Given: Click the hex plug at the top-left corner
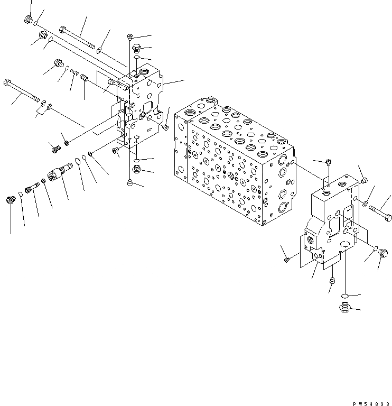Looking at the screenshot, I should click(x=28, y=20).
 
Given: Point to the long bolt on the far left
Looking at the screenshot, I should click(x=22, y=91).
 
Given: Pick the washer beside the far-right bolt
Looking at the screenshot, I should click(x=366, y=202).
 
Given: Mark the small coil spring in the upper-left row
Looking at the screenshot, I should click(x=74, y=73).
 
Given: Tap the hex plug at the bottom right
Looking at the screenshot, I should click(x=342, y=307).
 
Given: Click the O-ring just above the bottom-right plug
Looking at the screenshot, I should click(x=343, y=295).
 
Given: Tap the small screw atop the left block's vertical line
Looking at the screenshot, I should click(x=129, y=36).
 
